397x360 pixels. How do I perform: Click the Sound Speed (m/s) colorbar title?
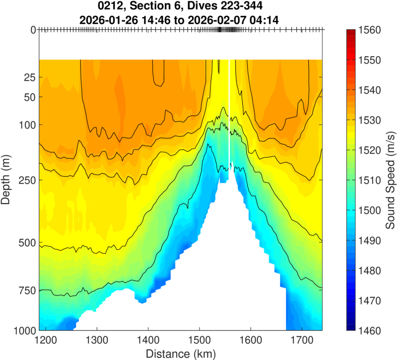pos(390,180)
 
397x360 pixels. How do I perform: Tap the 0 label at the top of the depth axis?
pos(33,30)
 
